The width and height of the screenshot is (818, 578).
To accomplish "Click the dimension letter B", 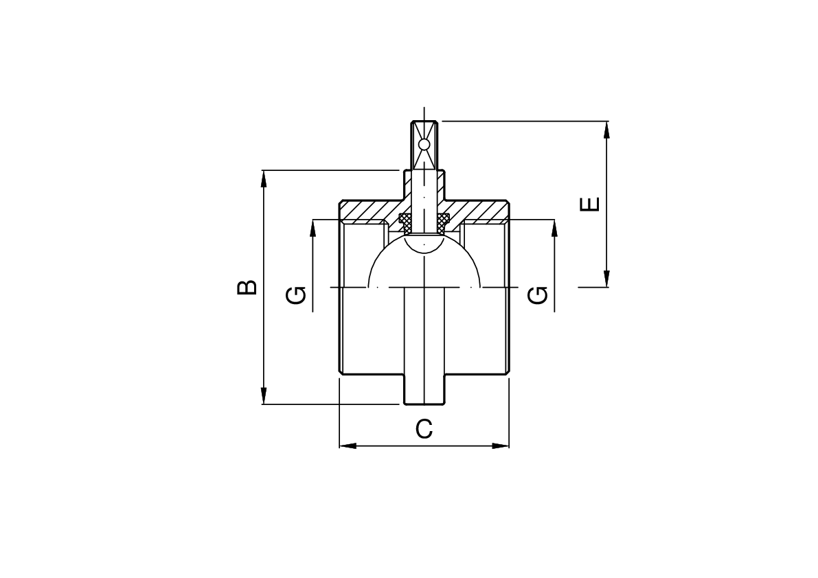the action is point(247,288).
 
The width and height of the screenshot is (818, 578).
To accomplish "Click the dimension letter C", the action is point(424,429).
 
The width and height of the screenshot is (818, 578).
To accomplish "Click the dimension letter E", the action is point(590,205).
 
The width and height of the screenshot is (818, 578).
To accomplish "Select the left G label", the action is point(296,295).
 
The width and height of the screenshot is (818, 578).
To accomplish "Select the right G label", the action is point(538,295).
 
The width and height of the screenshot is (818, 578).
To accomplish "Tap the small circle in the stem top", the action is point(424,144).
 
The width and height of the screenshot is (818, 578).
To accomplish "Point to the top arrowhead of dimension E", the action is point(606,130).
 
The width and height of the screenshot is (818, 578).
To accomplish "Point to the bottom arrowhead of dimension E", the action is point(606,278).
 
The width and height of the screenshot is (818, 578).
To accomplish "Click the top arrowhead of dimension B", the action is point(264,178).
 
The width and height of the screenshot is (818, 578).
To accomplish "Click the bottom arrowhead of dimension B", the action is point(264,395).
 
